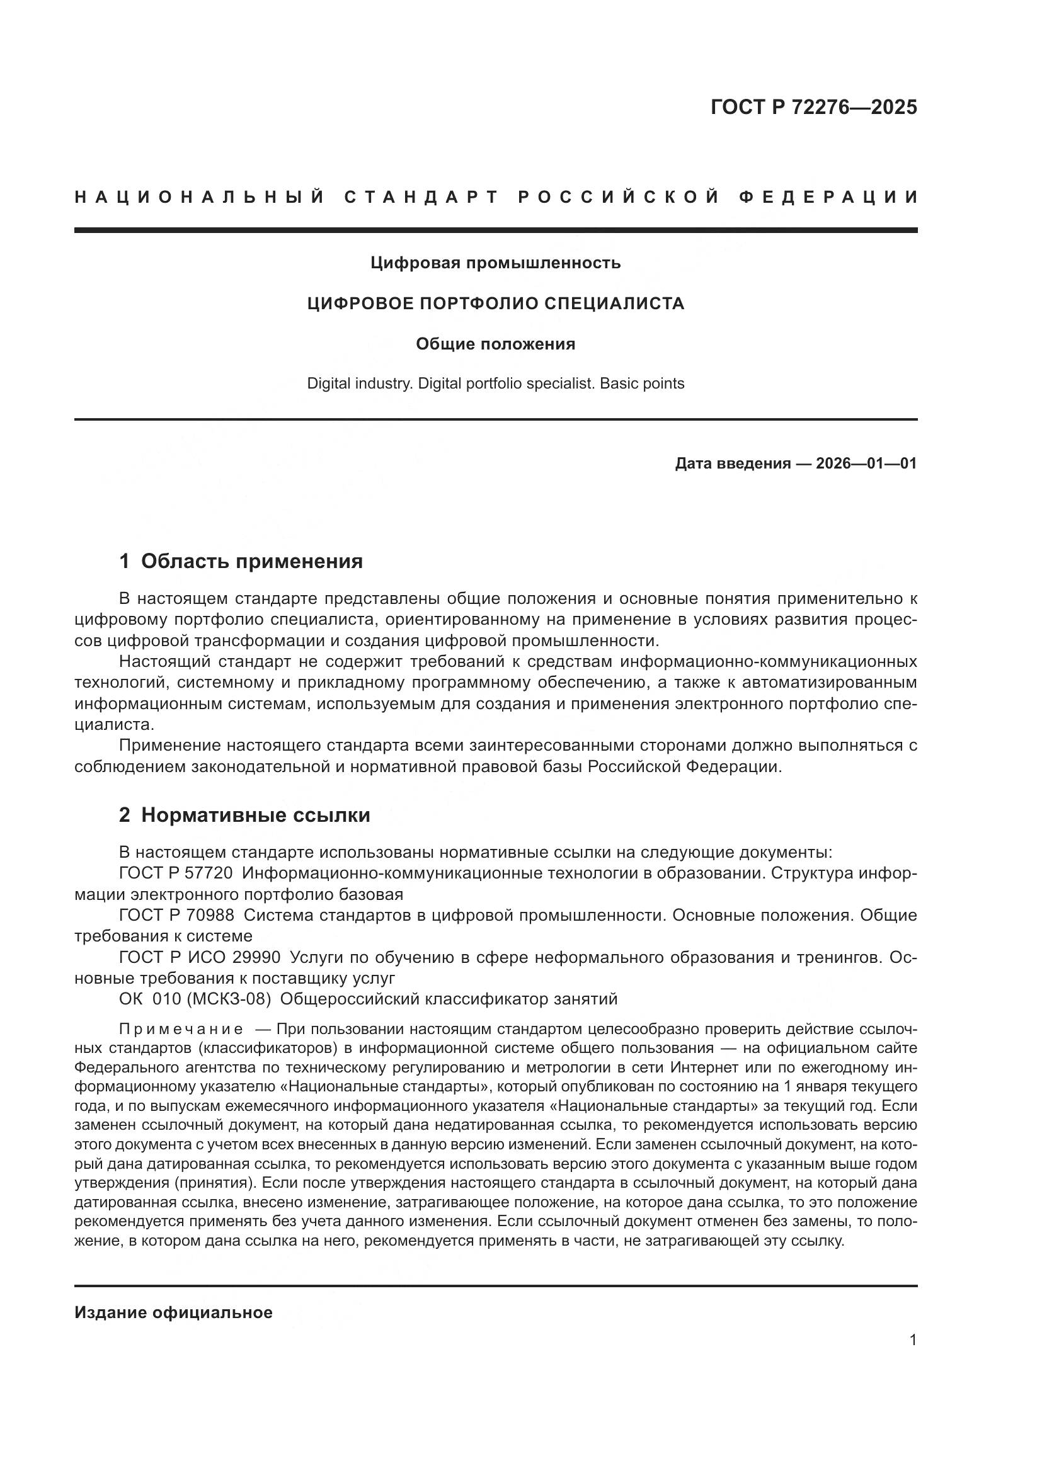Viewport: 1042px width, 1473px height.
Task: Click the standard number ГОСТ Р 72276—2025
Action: pyautogui.click(x=813, y=107)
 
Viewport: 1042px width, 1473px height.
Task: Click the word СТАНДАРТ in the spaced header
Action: pyautogui.click(x=421, y=197)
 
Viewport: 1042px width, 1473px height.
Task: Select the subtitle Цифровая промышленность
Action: pyautogui.click(x=495, y=263)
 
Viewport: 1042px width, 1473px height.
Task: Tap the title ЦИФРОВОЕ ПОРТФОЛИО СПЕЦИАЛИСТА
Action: pyautogui.click(x=495, y=304)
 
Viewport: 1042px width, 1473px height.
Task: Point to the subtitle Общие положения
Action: pyautogui.click(x=495, y=344)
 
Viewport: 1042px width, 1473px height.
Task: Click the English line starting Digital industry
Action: pyautogui.click(x=495, y=384)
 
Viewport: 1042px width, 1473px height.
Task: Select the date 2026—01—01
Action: pyautogui.click(x=866, y=464)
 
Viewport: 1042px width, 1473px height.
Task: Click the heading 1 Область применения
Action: pyautogui.click(x=241, y=561)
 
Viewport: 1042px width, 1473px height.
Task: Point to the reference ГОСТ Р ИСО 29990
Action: pyautogui.click(x=200, y=957)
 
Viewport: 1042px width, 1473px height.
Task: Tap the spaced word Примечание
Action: pyautogui.click(x=181, y=1030)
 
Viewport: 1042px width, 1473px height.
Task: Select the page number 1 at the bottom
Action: pyautogui.click(x=912, y=1340)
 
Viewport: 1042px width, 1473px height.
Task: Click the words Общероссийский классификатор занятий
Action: pyautogui.click(x=449, y=999)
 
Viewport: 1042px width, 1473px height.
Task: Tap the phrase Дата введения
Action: pyautogui.click(x=732, y=464)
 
